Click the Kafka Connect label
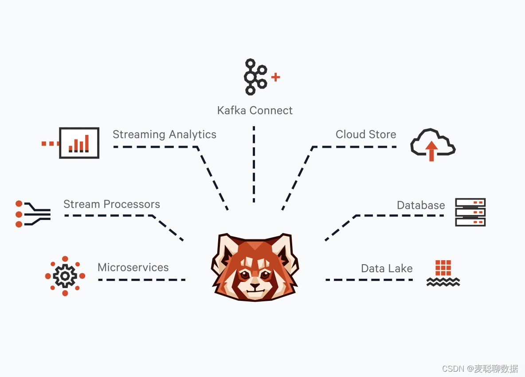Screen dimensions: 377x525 point(255,110)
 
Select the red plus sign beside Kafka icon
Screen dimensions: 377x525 point(275,77)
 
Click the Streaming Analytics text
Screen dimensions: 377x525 point(164,135)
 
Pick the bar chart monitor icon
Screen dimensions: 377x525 point(79,142)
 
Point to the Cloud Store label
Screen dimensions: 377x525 point(365,135)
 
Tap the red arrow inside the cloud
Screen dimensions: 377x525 point(431,151)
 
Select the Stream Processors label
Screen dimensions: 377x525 point(111,204)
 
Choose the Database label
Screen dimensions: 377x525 point(420,205)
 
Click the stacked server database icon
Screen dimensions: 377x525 point(470,212)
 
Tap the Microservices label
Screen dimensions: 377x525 point(133,268)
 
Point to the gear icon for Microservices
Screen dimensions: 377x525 point(65,276)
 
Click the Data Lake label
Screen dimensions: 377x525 point(387,269)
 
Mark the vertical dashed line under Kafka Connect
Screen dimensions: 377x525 point(254,164)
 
